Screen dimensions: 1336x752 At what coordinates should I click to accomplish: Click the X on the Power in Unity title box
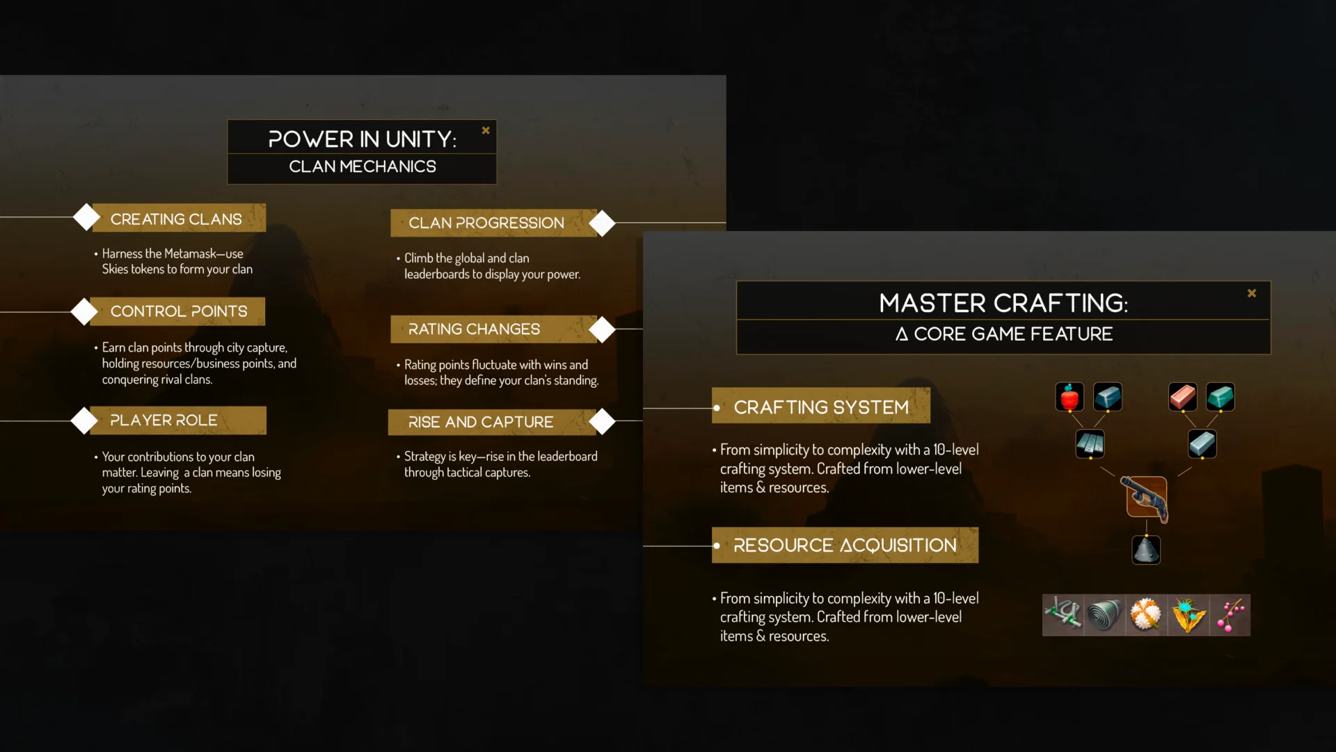tap(486, 130)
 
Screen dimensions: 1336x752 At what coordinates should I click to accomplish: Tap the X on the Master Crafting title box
tap(1252, 293)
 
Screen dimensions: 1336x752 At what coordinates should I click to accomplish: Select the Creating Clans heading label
tap(176, 219)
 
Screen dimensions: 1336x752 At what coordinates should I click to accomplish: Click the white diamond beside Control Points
tap(85, 311)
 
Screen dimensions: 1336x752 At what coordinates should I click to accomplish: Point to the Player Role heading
tap(164, 421)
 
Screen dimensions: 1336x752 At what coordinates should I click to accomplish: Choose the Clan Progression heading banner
tap(486, 223)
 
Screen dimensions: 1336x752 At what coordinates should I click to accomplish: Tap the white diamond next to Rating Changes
tap(602, 329)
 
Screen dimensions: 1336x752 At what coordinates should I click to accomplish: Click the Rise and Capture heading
tap(481, 422)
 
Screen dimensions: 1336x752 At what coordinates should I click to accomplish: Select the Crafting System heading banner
tap(821, 407)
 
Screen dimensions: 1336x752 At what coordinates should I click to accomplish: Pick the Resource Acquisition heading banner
tap(845, 545)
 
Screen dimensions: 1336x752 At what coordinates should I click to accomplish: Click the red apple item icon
tap(1069, 397)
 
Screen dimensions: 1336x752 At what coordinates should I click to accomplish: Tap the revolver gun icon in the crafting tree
tap(1146, 497)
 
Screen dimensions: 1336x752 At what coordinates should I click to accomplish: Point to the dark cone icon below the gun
tap(1146, 550)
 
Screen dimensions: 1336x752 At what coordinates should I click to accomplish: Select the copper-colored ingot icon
tap(1182, 397)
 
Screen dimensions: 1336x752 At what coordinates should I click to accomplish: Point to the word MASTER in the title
tap(932, 304)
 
